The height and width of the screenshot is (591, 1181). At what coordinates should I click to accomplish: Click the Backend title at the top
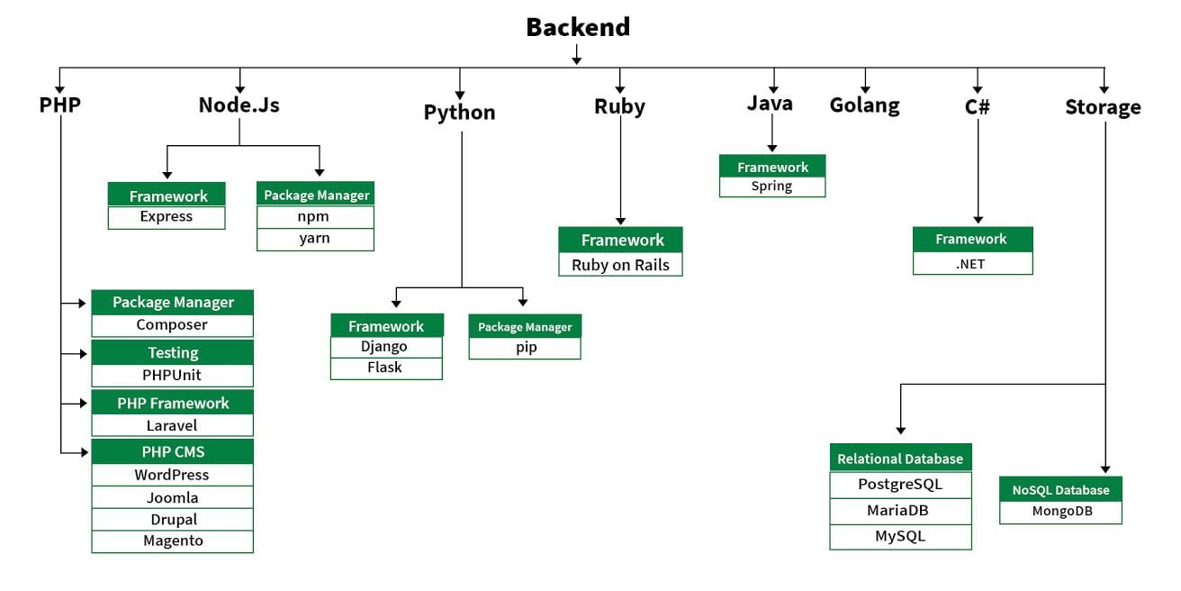coord(578,28)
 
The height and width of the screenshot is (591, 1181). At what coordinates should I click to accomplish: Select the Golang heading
coord(864,105)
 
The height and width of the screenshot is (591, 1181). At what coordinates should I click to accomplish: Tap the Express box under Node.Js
coord(167,217)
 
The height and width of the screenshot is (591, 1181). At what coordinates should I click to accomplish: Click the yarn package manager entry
coord(315,239)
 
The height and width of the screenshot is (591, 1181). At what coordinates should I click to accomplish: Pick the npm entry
coord(315,217)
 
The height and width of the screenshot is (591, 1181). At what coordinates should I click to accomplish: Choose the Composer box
coord(172,325)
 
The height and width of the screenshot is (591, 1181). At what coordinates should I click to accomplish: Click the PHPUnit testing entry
coord(172,375)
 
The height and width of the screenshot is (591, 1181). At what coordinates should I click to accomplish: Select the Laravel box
coord(172,425)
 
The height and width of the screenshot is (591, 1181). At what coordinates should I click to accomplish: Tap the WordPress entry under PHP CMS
coord(172,475)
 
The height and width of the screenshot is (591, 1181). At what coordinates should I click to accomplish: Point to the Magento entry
coord(172,541)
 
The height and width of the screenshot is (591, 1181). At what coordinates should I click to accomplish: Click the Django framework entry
coord(386,347)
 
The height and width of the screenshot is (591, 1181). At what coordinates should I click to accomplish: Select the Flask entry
coord(386,368)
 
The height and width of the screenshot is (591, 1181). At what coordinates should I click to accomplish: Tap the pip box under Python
coord(525,348)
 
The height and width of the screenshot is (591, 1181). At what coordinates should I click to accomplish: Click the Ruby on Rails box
coord(620,265)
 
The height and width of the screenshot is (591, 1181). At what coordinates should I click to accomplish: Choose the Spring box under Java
coord(771,186)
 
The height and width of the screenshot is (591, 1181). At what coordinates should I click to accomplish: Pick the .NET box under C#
coord(972,263)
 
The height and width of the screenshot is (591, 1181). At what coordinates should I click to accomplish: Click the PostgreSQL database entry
coord(900,485)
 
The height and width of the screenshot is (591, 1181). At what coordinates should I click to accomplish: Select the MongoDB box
coord(1060,512)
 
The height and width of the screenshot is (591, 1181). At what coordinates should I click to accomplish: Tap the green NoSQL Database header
coord(1060,490)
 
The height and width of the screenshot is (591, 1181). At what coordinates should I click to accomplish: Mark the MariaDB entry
coord(900,511)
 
